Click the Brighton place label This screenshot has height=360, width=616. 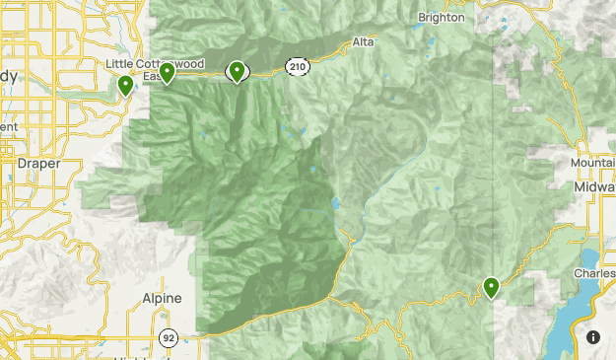click(440, 17)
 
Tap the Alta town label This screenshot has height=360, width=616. click(363, 42)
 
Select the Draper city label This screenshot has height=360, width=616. click(38, 164)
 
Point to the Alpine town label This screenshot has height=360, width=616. click(162, 297)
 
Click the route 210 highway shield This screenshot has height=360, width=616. click(298, 66)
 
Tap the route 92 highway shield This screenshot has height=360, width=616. click(169, 337)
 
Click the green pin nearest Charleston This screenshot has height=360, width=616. click(491, 288)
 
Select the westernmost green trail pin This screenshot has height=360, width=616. click(125, 86)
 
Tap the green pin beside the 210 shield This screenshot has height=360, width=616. click(238, 71)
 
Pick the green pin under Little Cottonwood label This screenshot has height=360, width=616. click(168, 73)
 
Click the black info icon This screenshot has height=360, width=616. click(593, 337)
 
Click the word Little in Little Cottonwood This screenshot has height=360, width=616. click(119, 64)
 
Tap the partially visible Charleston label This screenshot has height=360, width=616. click(594, 273)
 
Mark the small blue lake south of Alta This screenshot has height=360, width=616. click(336, 204)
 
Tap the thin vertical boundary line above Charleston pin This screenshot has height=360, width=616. click(494, 148)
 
